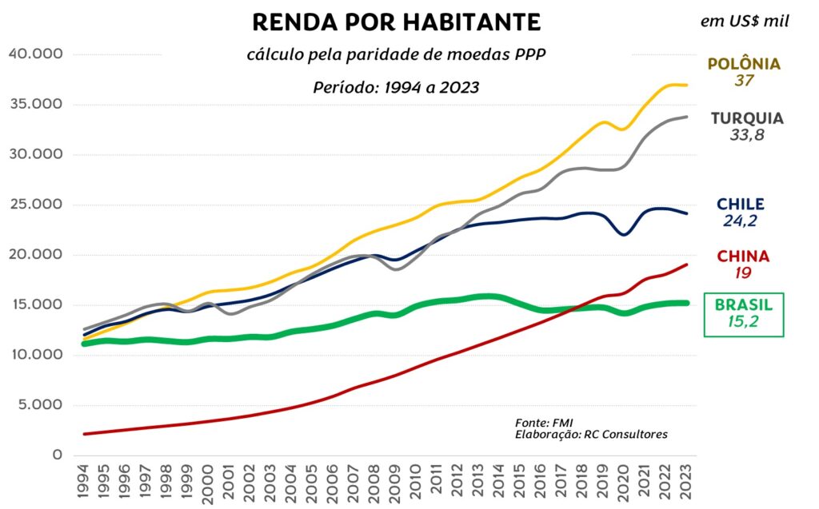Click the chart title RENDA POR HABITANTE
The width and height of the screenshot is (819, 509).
pyautogui.click(x=396, y=22)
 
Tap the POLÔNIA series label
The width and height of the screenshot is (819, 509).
pyautogui.click(x=744, y=64)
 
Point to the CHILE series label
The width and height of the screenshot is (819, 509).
pyautogui.click(x=741, y=205)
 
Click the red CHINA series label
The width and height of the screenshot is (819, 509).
pyautogui.click(x=743, y=256)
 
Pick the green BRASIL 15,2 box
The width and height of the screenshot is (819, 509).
pyautogui.click(x=744, y=314)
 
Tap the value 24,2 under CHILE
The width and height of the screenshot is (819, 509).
pyautogui.click(x=741, y=221)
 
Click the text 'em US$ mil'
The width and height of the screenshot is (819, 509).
pyautogui.click(x=745, y=22)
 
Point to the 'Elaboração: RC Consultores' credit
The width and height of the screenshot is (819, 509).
pyautogui.click(x=591, y=434)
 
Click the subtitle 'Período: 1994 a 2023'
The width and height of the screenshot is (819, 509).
pyautogui.click(x=396, y=87)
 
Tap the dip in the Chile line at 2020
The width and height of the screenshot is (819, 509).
pyautogui.click(x=624, y=234)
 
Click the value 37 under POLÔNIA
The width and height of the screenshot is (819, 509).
pyautogui.click(x=744, y=81)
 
